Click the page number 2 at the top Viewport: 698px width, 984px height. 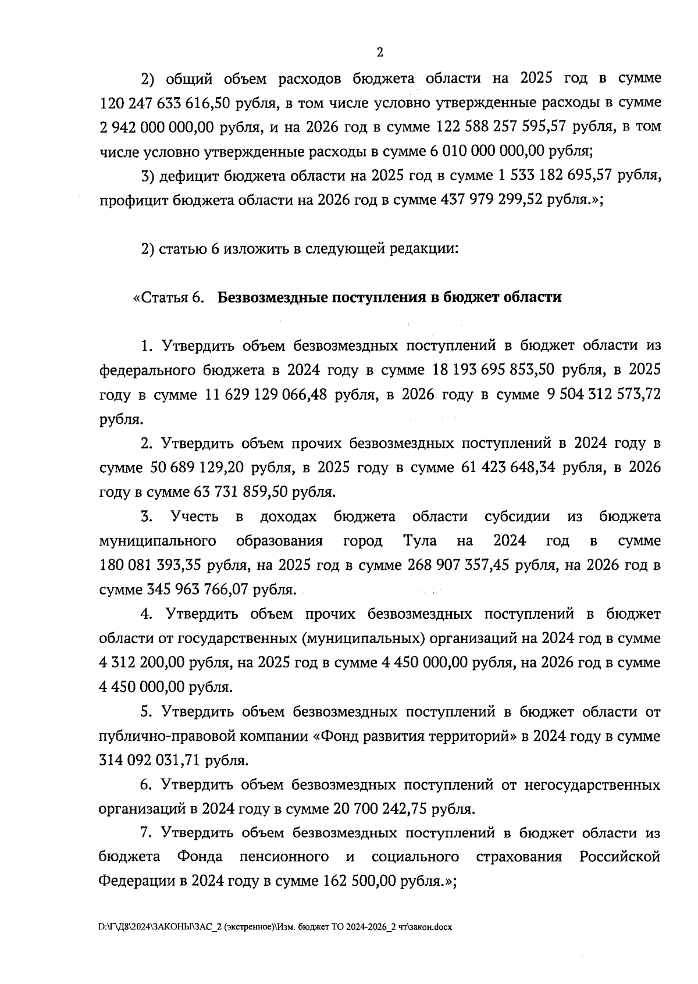(380, 53)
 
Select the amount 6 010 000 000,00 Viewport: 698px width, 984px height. (487, 151)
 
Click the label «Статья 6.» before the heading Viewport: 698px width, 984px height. (169, 297)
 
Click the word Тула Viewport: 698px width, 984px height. (420, 541)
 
